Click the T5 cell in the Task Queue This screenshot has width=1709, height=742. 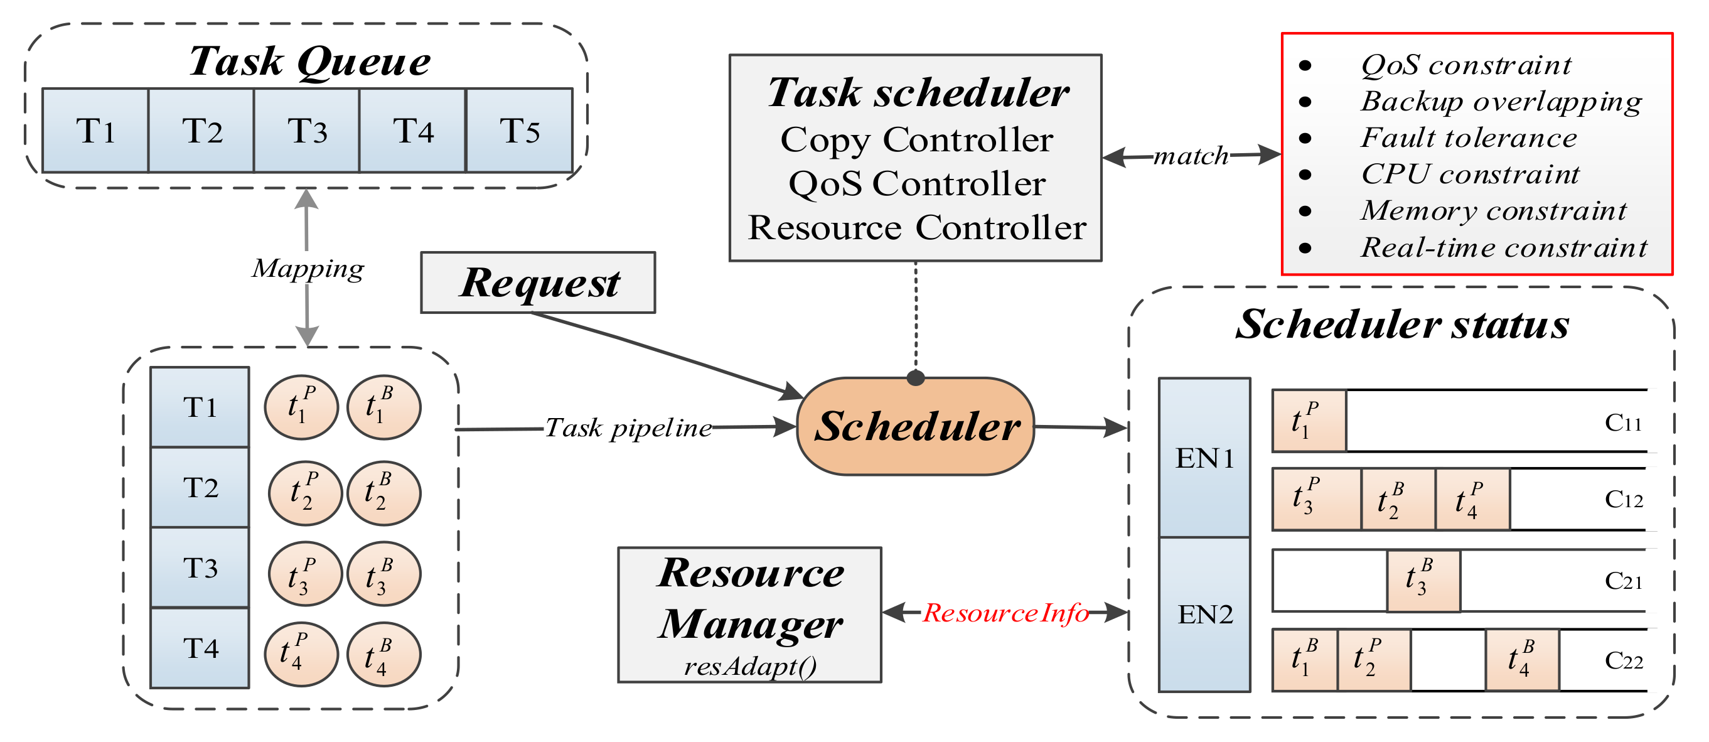(x=520, y=131)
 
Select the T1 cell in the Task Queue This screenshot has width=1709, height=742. (x=95, y=131)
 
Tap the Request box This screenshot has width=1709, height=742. (x=538, y=282)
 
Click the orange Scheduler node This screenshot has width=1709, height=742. (x=916, y=427)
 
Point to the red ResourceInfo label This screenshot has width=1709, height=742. (x=1005, y=613)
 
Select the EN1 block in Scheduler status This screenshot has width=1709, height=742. (x=1204, y=458)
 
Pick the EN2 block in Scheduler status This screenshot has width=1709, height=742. (x=1204, y=615)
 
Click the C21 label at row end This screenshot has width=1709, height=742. (x=1623, y=581)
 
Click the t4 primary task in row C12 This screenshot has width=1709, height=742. (x=1472, y=500)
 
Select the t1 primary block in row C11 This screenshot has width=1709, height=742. (x=1309, y=421)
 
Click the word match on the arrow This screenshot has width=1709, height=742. (x=1191, y=156)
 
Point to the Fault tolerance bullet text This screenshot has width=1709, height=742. (x=1468, y=138)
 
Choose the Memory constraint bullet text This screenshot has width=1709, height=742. (x=1492, y=211)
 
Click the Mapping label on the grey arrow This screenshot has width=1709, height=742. (x=308, y=268)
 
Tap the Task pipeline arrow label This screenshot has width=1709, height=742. (x=628, y=428)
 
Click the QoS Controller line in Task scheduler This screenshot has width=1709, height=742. (x=916, y=184)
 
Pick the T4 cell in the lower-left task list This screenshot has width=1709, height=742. (x=200, y=648)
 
